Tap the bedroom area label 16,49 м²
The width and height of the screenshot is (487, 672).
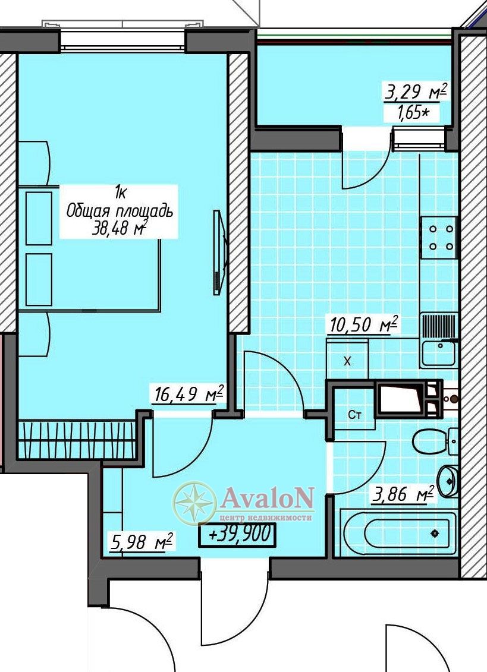[188, 394]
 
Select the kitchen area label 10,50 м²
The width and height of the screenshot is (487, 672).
[363, 324]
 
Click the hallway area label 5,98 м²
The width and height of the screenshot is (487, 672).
[141, 541]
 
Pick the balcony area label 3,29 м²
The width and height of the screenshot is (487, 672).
[416, 92]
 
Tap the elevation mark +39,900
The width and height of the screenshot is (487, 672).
[237, 535]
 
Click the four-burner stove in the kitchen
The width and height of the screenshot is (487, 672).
[438, 238]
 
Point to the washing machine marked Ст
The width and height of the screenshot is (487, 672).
[354, 415]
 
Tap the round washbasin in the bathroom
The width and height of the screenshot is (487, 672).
[448, 481]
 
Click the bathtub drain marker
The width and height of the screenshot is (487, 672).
[435, 534]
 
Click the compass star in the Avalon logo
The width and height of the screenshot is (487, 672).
[194, 503]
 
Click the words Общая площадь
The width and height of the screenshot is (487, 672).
[120, 212]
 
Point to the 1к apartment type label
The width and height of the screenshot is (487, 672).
[120, 194]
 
